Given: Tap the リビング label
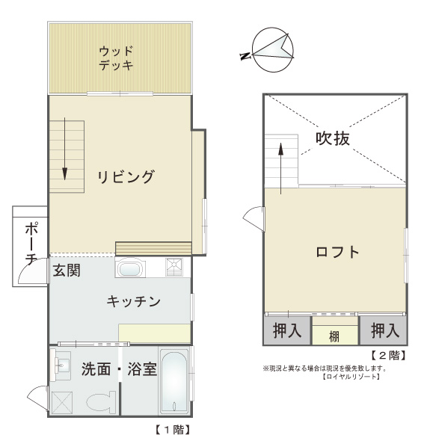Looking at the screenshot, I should tap(125, 177).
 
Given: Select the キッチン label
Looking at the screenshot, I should tap(133, 301).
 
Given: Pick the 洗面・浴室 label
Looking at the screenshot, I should tap(119, 368).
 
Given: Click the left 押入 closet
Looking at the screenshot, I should tap(286, 330).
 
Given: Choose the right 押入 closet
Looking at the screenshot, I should tap(384, 330).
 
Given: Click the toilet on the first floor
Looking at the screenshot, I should tap(101, 402).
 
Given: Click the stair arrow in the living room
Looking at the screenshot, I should tap(65, 149).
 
